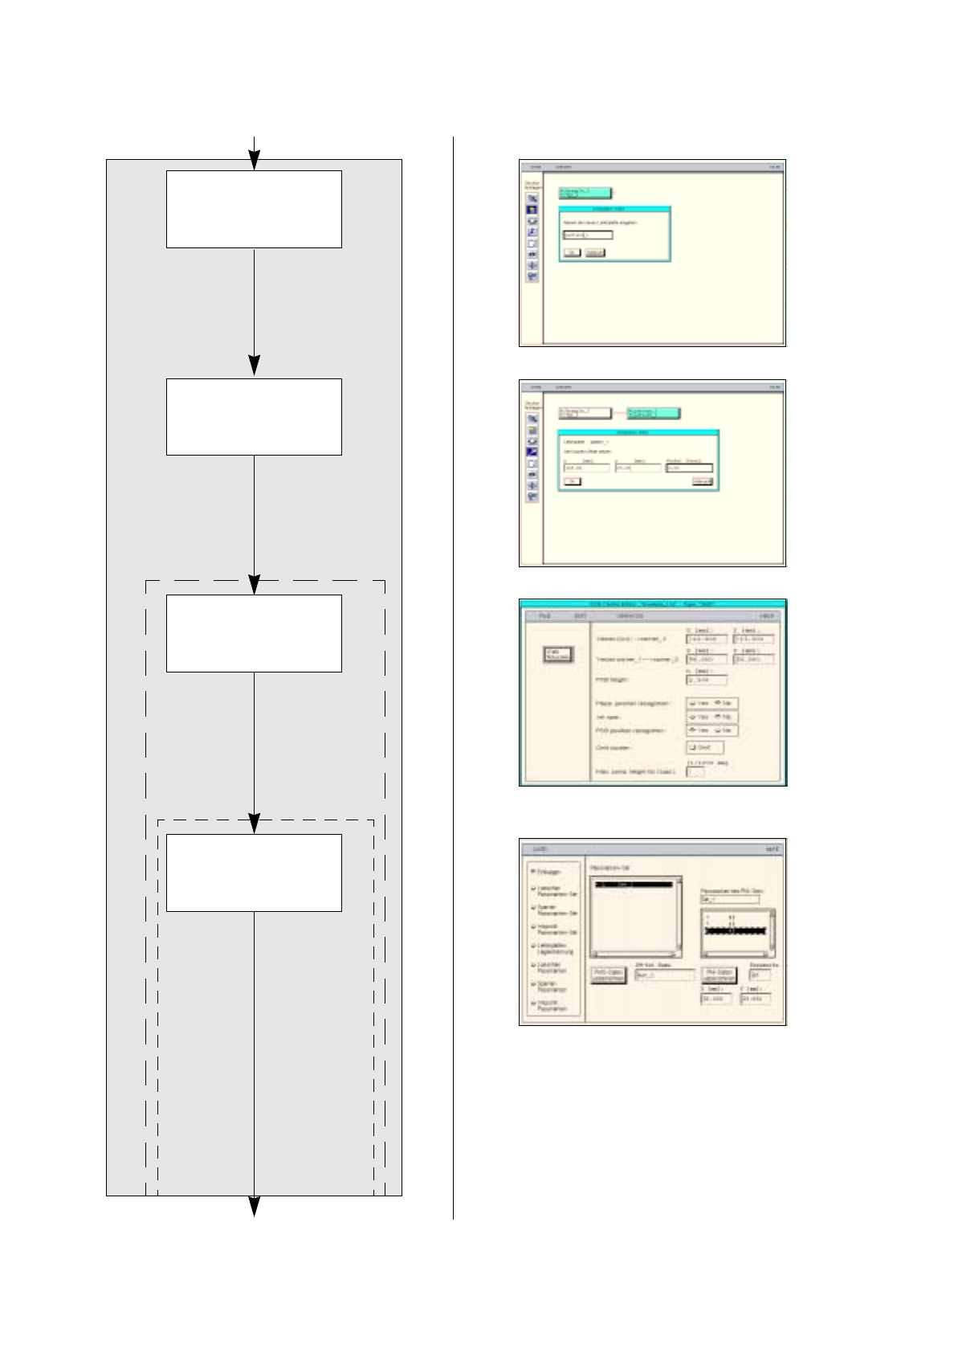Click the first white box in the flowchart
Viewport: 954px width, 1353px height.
click(254, 209)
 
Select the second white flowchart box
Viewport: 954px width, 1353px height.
click(254, 417)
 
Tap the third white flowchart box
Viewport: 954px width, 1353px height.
click(254, 633)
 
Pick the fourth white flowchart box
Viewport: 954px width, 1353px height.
click(254, 873)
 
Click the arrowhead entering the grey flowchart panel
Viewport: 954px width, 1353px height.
click(254, 161)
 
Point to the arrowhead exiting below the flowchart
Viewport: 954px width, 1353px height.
click(254, 1206)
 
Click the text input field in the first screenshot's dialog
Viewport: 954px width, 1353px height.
click(587, 235)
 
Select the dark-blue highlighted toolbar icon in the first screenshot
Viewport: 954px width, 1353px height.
click(532, 210)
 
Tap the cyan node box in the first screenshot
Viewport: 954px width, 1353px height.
click(585, 193)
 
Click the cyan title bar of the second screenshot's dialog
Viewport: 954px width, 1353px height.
click(638, 432)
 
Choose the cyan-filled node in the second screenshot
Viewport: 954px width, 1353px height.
click(654, 414)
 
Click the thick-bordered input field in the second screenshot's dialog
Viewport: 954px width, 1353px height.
click(689, 467)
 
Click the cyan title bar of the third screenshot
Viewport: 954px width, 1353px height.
click(652, 603)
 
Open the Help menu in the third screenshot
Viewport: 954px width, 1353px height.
click(768, 616)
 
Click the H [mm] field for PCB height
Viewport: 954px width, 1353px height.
click(707, 680)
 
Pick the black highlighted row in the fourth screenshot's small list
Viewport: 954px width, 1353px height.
click(736, 930)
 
